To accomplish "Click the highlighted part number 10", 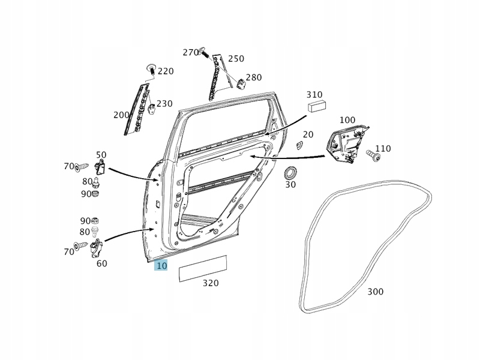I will pyautogui.click(x=161, y=265).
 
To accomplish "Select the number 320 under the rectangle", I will pyautogui.click(x=210, y=283).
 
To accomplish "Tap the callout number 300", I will pyautogui.click(x=375, y=292).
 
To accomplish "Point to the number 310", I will pyautogui.click(x=314, y=95).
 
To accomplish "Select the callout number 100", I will pyautogui.click(x=347, y=121).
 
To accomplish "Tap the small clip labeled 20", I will pyautogui.click(x=299, y=144).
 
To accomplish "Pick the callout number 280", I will pyautogui.click(x=254, y=77).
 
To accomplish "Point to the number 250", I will pyautogui.click(x=236, y=59).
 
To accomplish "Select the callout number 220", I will pyautogui.click(x=165, y=71).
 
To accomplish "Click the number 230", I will pyautogui.click(x=164, y=104).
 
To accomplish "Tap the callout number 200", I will pyautogui.click(x=121, y=115).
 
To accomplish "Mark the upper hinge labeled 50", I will pyautogui.click(x=101, y=167).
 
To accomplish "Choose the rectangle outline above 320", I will pyautogui.click(x=203, y=267).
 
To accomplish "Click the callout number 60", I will pyautogui.click(x=101, y=263).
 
